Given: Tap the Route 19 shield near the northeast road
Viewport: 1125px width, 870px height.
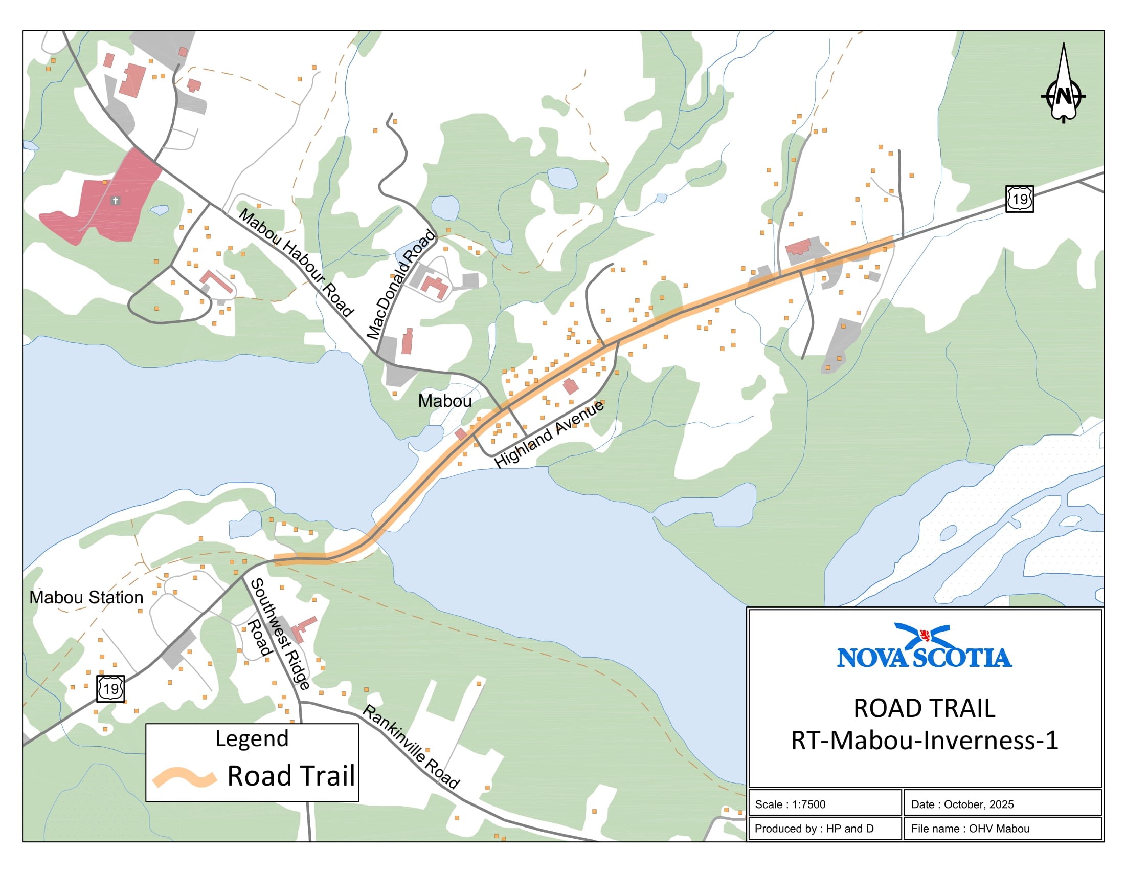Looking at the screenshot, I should [x=1019, y=199].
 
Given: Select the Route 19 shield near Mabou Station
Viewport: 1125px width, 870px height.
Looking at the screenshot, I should [x=111, y=688].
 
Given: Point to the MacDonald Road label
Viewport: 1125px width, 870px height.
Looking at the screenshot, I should [x=401, y=285].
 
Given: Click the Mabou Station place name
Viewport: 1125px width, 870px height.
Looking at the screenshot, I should [x=86, y=597].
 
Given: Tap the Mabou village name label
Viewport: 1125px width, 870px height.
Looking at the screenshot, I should [x=444, y=401].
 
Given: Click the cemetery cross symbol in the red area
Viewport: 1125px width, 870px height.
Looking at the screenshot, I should [x=116, y=201].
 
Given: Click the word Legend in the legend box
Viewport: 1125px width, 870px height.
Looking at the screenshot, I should [x=252, y=738].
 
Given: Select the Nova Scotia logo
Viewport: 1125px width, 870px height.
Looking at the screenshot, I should [x=924, y=646].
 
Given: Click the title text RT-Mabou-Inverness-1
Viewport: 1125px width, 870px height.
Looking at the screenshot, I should [x=924, y=741].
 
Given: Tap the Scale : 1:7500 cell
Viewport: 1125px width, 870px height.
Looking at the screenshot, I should [x=824, y=804].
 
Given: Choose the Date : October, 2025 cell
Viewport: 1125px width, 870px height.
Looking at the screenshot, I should [x=1002, y=804].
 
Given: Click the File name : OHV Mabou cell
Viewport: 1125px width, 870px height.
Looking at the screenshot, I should [x=1002, y=829].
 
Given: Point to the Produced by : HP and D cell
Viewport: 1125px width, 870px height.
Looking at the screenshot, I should [x=824, y=829].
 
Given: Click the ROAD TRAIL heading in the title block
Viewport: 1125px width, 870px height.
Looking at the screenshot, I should [x=924, y=708].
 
